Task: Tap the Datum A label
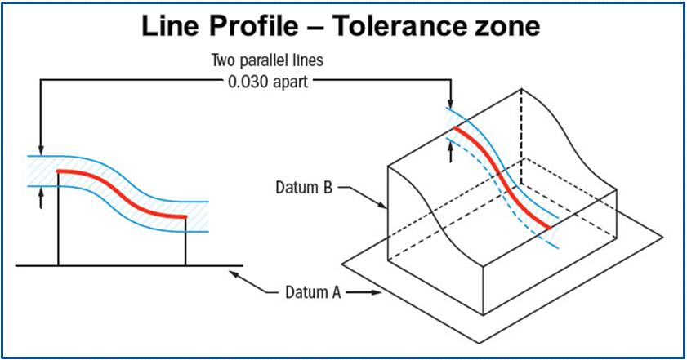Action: pyautogui.click(x=312, y=291)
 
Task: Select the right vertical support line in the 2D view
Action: pyautogui.click(x=185, y=241)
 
